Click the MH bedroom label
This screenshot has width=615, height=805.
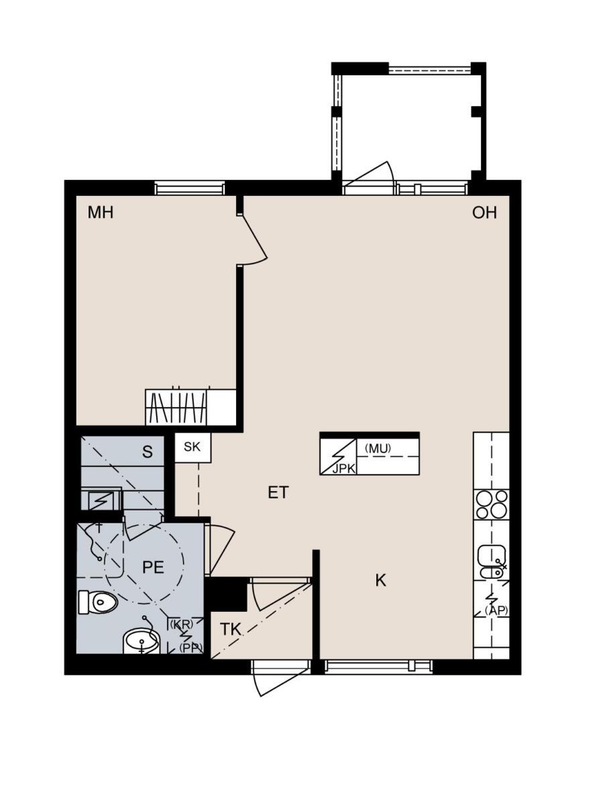point(101,213)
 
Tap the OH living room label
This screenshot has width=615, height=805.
point(484,213)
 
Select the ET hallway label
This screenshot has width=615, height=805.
point(278,492)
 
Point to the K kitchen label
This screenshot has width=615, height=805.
point(381,580)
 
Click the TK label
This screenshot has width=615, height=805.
point(231,629)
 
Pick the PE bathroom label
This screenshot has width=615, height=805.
point(153,568)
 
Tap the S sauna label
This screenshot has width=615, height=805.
point(148,452)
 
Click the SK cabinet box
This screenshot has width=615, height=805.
point(192,447)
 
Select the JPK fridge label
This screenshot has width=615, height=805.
point(343,469)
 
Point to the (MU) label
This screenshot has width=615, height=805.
point(378,448)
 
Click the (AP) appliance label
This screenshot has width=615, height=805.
point(496,610)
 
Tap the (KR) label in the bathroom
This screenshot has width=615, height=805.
point(182,624)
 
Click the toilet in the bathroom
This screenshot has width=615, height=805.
point(98,602)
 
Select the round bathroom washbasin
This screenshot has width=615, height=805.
point(142,641)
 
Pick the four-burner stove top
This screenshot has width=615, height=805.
point(492,504)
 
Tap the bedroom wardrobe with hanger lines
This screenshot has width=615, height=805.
point(176,407)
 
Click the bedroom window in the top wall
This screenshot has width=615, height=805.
point(190,189)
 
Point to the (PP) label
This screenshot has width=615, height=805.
point(190,647)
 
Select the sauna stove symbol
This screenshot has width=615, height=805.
point(100,500)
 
